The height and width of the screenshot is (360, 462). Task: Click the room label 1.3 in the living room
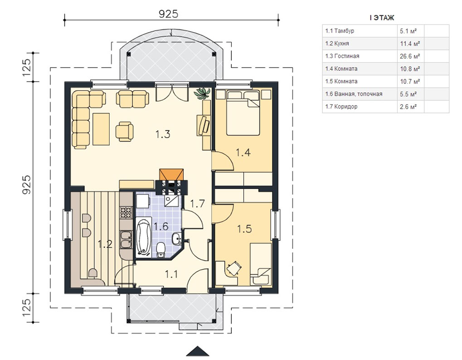coord(163,134)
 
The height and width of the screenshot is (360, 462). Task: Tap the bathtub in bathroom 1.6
coord(143,237)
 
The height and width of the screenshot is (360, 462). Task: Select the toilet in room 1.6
coord(161,250)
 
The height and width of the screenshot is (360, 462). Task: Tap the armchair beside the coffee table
coord(124,131)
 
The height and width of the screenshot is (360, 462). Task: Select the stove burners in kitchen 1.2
coord(126,212)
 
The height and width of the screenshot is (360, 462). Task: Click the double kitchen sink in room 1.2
coord(126,240)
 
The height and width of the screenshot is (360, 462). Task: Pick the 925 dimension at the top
coord(169,14)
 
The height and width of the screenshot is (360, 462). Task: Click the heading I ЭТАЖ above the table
coord(382,18)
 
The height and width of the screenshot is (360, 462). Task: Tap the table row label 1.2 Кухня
coord(337,44)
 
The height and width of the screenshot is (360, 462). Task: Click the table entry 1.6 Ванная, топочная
coord(354,94)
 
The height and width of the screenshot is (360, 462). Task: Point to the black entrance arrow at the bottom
coord(198,351)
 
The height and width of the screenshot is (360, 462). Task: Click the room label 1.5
coord(244,229)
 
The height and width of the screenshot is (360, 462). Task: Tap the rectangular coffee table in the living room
coord(101,129)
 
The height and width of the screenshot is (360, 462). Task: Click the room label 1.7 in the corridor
coord(197,204)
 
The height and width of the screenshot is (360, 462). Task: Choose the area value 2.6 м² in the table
coord(408,107)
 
